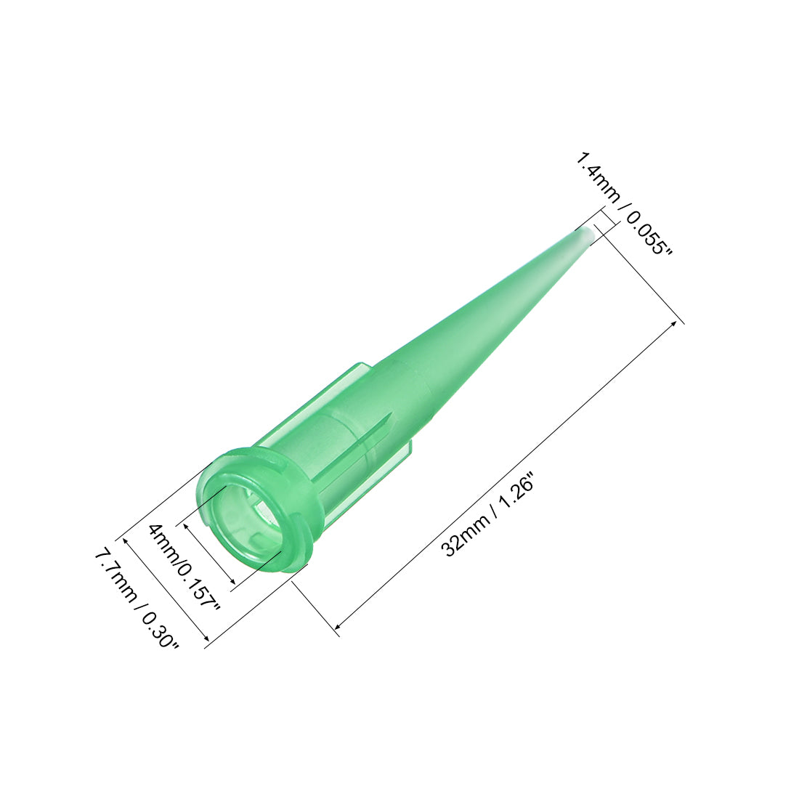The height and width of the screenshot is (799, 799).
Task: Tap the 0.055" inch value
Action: click(646, 230)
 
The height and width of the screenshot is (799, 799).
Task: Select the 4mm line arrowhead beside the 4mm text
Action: click(188, 524)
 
